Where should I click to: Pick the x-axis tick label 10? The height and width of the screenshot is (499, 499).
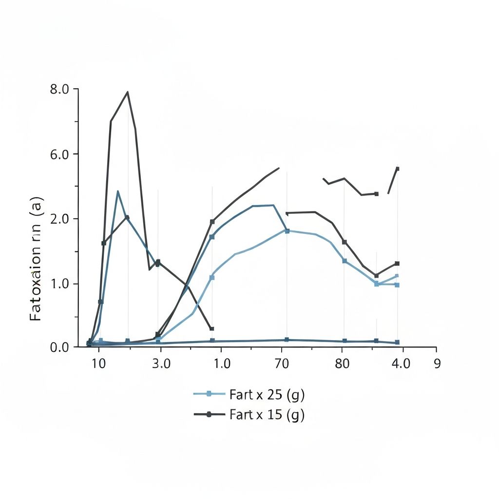[99, 364]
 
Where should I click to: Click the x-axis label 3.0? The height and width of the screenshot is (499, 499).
[161, 364]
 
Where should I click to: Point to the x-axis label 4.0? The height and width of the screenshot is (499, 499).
[401, 364]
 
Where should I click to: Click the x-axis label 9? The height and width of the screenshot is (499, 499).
[437, 364]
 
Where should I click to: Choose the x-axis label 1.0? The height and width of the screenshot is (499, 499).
[222, 364]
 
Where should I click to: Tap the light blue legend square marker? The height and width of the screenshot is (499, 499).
[209, 394]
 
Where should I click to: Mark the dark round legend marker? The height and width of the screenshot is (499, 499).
[209, 414]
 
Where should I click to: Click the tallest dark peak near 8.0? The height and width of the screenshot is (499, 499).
[128, 92]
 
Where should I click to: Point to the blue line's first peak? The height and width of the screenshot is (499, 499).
[117, 192]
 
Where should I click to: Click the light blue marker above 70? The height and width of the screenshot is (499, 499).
[287, 231]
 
